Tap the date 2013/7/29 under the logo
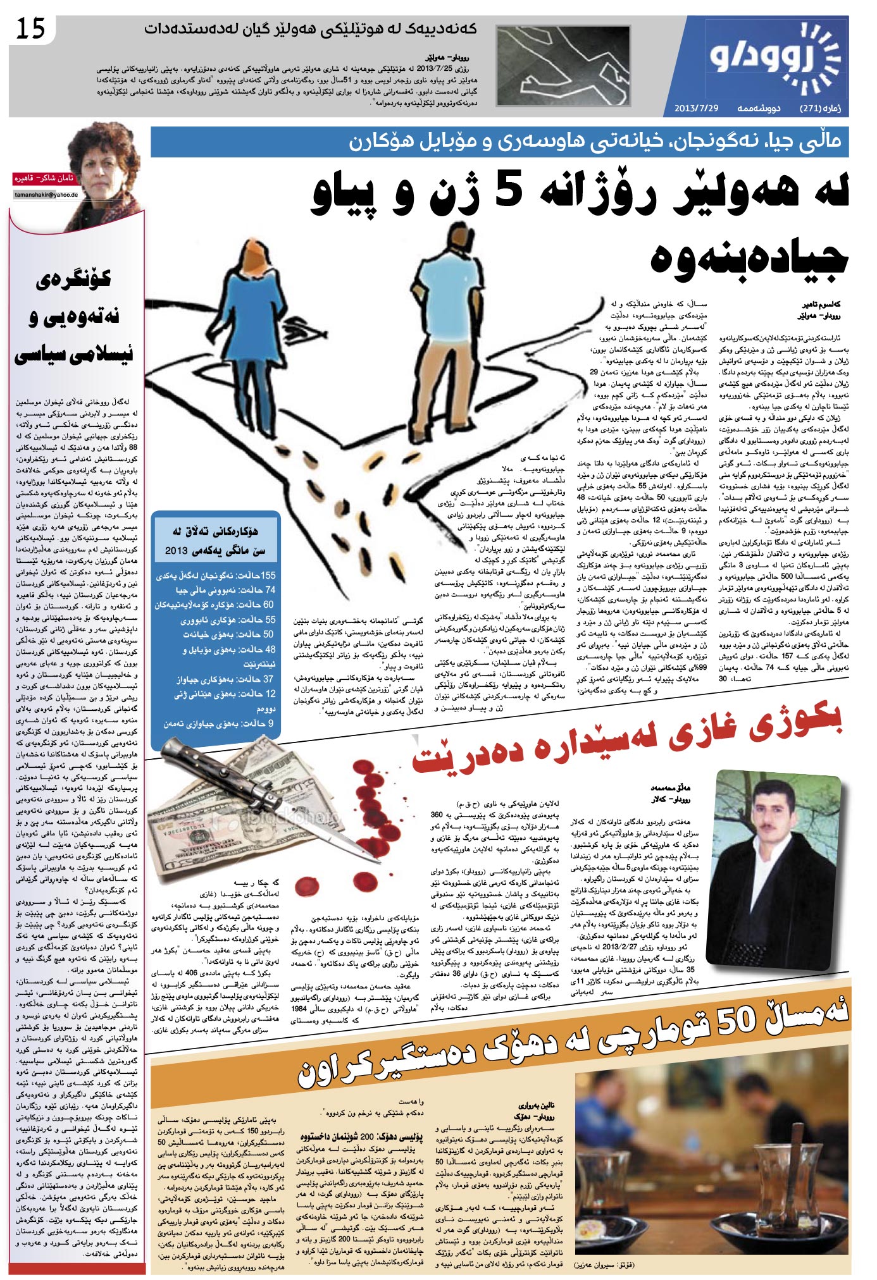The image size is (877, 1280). pyautogui.click(x=696, y=108)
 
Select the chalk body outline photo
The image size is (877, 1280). pyautogui.click(x=563, y=65)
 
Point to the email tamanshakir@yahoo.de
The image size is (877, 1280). pyautogui.click(x=46, y=195)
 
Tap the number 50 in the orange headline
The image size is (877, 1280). pyautogui.click(x=737, y=1016)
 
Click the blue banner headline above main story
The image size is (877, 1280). pyautogui.click(x=500, y=141)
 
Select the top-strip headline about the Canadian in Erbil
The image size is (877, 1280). pyautogui.click(x=310, y=29)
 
